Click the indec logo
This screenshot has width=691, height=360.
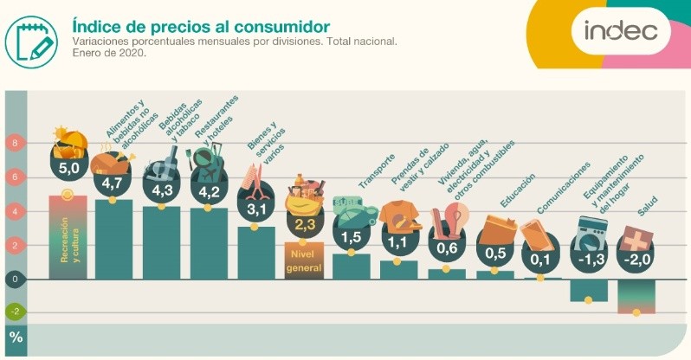pyautogui.click(x=620, y=32)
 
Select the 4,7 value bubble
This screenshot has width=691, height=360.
pyautogui.click(x=112, y=183)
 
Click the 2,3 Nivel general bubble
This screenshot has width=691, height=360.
pyautogui.click(x=304, y=224)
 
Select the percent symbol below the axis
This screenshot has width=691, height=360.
pyautogui.click(x=16, y=337)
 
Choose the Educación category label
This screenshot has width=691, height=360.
pyautogui.click(x=517, y=192)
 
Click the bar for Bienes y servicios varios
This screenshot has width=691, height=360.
pyautogui.click(x=255, y=253)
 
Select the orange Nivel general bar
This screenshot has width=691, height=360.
pyautogui.click(x=303, y=260)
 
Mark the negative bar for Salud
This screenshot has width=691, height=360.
pyautogui.click(x=636, y=296)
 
